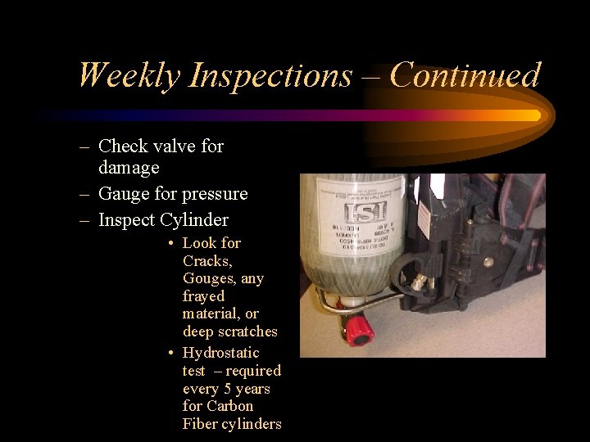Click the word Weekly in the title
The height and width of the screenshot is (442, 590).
[x=129, y=76]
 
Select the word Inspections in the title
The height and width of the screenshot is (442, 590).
[x=270, y=76]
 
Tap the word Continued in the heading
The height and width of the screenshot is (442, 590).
[x=465, y=75]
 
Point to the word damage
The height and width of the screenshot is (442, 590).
[x=129, y=167]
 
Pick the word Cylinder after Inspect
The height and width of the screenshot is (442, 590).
[x=194, y=219]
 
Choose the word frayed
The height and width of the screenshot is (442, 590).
[x=203, y=296]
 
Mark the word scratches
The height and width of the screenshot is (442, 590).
[x=244, y=331]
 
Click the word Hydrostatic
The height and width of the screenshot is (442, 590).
[x=220, y=353]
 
